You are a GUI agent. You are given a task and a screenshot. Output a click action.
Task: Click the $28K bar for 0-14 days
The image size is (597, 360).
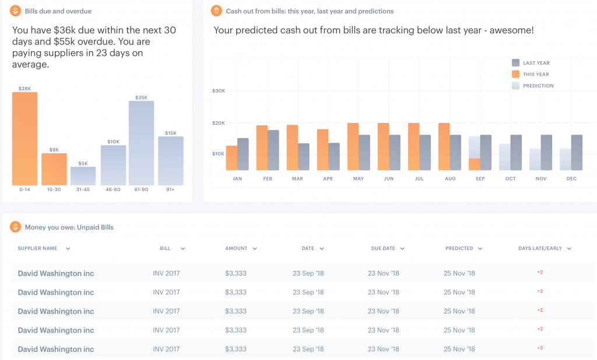tap(24, 139)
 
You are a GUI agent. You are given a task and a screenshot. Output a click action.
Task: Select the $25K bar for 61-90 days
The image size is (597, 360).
tap(141, 143)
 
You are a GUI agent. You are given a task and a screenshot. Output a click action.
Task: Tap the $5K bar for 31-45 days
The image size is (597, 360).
tap(83, 176)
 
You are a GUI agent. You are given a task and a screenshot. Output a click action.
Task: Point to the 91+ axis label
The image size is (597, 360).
tap(170, 189)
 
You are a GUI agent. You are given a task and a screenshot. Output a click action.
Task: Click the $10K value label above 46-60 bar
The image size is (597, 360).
tap(113, 142)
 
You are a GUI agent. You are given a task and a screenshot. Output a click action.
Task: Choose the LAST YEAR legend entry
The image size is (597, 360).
tap(536, 63)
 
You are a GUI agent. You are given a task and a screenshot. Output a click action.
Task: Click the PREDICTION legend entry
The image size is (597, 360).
tap(538, 86)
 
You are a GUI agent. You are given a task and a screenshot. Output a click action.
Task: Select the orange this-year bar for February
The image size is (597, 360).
tap(262, 147)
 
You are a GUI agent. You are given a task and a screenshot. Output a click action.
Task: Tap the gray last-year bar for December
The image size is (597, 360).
tap(577, 153)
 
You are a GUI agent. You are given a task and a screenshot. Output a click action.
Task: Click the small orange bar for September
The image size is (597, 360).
tap(475, 164)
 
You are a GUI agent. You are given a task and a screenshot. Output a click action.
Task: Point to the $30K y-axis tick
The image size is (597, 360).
tap(218, 91)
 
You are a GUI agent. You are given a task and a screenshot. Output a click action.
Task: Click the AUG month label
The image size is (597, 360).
tap(450, 179)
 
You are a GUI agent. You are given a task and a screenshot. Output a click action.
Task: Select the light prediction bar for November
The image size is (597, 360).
tap(535, 159)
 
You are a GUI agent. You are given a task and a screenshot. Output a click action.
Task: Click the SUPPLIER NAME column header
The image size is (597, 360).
tap(37, 248)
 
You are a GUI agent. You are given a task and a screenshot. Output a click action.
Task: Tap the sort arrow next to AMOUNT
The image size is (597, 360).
tap(255, 249)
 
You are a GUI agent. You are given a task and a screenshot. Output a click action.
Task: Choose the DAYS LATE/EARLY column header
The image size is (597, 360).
tap(540, 248)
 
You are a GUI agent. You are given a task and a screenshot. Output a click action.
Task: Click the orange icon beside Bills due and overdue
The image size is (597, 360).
tap(15, 11)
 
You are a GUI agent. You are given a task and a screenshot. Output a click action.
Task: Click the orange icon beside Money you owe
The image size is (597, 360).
tap(15, 227)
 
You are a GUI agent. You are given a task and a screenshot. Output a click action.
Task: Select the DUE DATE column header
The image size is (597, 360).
tap(383, 248)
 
